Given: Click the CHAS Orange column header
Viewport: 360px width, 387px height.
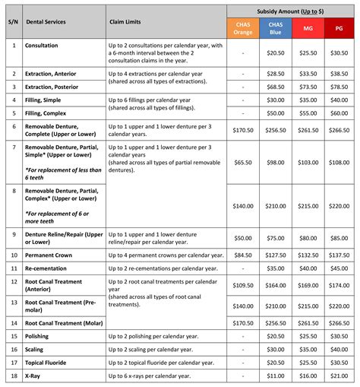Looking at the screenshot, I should [244, 28].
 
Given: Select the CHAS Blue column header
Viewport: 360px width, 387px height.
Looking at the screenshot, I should [276, 28].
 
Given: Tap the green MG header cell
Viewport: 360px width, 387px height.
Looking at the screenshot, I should [308, 28].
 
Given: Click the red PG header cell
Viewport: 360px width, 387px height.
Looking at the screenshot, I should [339, 28].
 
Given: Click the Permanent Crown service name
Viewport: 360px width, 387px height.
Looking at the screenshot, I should [49, 255].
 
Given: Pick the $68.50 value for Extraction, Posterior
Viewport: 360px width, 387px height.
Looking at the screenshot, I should [276, 87].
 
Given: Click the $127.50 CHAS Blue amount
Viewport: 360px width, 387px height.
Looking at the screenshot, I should [276, 255].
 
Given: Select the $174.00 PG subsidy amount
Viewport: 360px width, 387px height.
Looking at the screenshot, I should [339, 285].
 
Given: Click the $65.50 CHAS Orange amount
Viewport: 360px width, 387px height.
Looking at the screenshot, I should [244, 162].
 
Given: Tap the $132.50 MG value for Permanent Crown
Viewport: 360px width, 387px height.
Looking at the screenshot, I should [308, 255].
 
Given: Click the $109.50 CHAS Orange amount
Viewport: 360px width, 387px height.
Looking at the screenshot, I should [244, 285].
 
